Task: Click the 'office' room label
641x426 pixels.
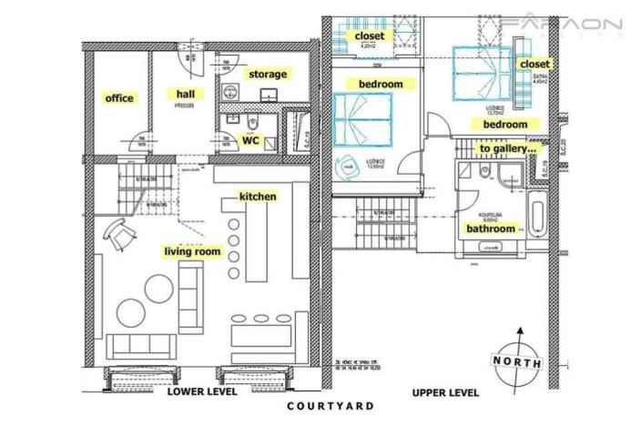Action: (x=118, y=98)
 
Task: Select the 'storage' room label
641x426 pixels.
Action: (x=267, y=74)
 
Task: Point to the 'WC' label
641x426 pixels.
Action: (x=250, y=141)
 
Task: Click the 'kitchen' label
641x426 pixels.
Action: (x=258, y=196)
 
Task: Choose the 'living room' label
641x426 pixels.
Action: (x=192, y=251)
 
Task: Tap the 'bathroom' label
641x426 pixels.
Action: (x=492, y=229)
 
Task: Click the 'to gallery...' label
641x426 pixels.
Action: (x=508, y=147)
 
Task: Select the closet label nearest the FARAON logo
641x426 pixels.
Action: (x=534, y=65)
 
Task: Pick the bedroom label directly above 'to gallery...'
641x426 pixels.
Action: (x=505, y=124)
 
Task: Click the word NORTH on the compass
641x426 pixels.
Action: (x=515, y=360)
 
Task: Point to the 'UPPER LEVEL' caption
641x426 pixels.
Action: (x=444, y=393)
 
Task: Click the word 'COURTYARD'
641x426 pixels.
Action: (x=330, y=406)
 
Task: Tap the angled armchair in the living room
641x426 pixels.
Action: (x=118, y=235)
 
